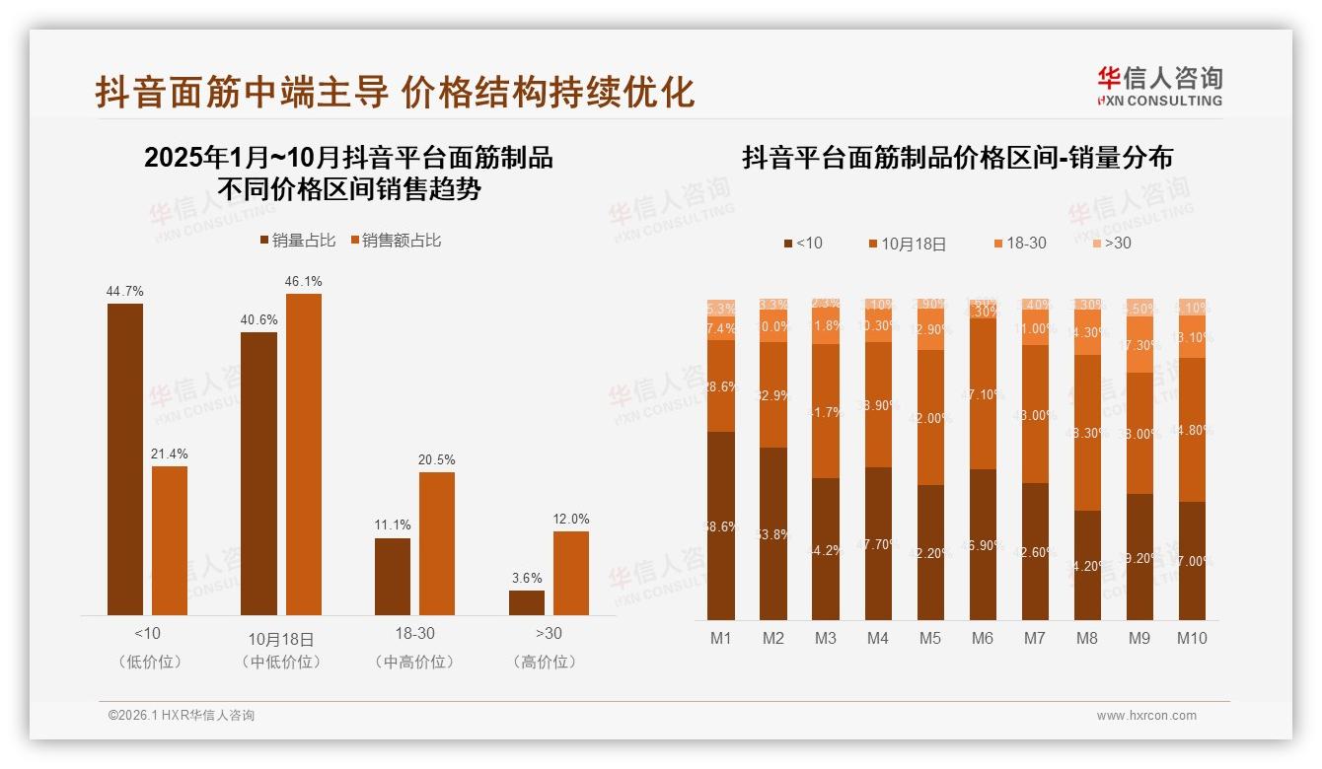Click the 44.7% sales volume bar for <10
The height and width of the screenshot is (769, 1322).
(125, 459)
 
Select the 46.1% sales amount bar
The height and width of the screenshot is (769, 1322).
(304, 454)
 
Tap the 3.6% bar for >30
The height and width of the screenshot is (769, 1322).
(527, 602)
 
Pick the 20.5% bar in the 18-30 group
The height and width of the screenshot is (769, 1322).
(437, 543)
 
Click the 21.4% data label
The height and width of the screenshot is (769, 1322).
(170, 454)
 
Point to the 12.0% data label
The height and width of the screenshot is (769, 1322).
(571, 519)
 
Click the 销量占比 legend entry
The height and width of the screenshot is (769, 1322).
(298, 241)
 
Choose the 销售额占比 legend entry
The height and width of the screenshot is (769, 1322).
(396, 241)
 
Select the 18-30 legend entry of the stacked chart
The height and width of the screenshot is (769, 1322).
(1018, 243)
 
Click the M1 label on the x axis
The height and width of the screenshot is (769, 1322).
(721, 638)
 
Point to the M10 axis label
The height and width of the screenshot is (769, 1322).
(1192, 638)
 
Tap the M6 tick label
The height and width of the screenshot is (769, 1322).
(983, 638)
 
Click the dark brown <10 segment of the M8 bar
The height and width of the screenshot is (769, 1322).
(1087, 565)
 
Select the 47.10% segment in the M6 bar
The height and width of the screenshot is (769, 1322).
(983, 393)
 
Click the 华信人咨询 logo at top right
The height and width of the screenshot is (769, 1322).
(1159, 86)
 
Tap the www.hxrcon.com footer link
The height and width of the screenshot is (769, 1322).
(1146, 716)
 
